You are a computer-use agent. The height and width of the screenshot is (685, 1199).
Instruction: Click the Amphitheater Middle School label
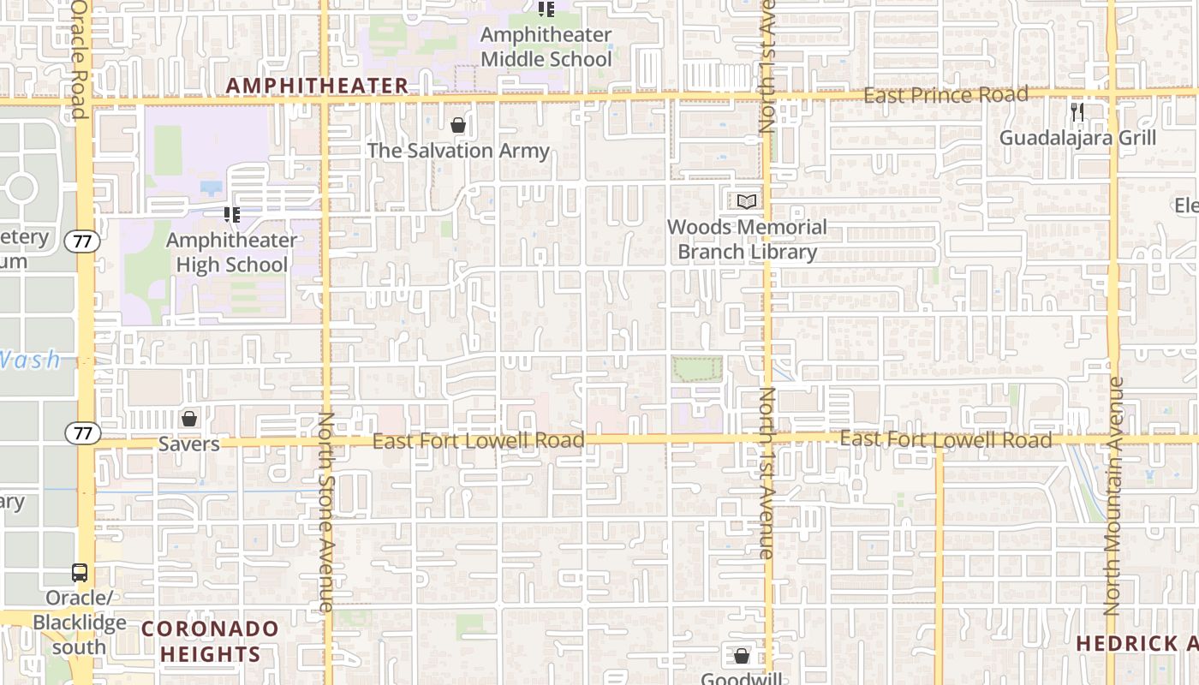[x=546, y=47]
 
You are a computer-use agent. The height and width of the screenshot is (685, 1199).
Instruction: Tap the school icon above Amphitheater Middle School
[x=546, y=9]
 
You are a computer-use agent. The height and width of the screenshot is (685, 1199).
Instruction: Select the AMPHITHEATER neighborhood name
[x=317, y=86]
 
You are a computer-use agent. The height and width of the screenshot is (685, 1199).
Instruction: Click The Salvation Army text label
[x=458, y=151]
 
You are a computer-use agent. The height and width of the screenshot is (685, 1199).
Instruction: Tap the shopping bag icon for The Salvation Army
[x=458, y=125]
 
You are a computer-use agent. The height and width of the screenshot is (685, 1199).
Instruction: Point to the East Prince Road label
[x=945, y=95]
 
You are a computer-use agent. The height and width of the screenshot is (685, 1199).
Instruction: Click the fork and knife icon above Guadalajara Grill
[x=1077, y=111]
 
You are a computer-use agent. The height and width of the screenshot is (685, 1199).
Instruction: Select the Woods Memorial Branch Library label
[x=747, y=240]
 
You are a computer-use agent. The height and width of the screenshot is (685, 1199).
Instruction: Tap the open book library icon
[x=747, y=201]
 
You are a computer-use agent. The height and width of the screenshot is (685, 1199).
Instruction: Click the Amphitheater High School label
[x=231, y=253]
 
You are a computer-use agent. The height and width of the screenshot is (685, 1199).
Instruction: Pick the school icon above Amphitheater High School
[x=231, y=214]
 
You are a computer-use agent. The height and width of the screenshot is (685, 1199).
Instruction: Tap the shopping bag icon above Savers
[x=189, y=419]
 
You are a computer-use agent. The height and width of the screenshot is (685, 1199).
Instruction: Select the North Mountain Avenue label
[x=1113, y=497]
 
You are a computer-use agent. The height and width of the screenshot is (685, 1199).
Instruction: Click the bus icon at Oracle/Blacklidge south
[x=80, y=573]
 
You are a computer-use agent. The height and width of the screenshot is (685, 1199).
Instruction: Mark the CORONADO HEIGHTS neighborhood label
[x=210, y=641]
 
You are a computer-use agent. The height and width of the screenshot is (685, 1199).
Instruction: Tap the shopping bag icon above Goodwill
[x=742, y=656]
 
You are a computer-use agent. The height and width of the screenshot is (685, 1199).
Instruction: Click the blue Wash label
[x=31, y=360]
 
